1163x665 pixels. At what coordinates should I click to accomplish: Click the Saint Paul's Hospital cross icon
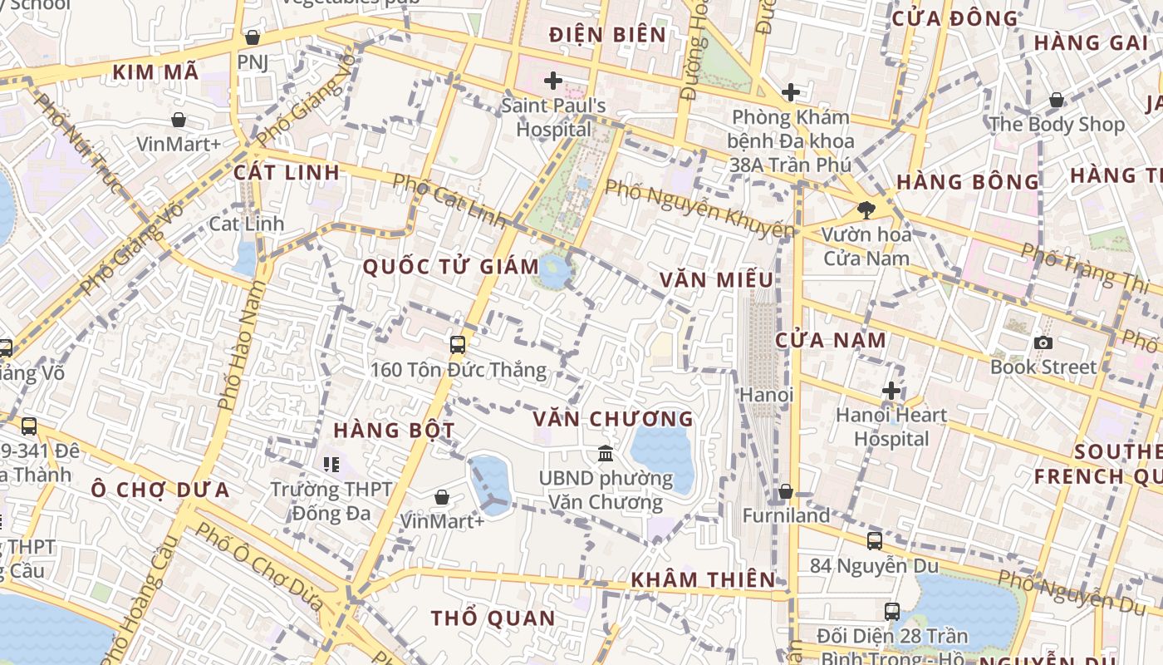[553, 81]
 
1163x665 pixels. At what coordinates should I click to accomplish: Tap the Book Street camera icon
[1043, 342]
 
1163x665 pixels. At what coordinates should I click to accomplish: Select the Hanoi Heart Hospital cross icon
[891, 390]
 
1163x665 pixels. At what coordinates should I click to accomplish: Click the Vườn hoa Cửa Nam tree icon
[866, 209]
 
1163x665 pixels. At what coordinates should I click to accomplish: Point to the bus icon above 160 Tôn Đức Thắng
[457, 345]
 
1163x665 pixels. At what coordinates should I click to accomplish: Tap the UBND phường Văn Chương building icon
[606, 454]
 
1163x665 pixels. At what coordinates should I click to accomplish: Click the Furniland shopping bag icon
[785, 492]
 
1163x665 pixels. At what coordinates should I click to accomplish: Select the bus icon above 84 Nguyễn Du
[874, 541]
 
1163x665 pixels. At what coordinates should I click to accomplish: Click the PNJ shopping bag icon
[253, 37]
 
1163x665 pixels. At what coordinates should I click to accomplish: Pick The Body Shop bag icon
[1056, 101]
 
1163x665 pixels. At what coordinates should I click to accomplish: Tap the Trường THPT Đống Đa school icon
[331, 465]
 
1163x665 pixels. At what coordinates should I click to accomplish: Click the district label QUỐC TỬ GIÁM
[451, 267]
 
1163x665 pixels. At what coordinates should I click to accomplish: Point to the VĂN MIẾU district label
[716, 280]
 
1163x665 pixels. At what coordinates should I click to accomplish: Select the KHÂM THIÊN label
[703, 579]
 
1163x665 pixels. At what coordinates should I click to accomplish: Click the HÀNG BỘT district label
[394, 431]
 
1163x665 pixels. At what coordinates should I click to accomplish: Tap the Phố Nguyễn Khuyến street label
[699, 207]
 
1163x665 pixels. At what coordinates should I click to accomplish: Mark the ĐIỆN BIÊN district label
[608, 35]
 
